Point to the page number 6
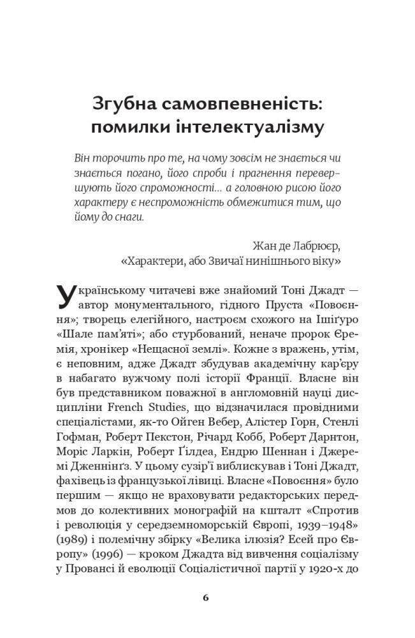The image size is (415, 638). [x=205, y=598]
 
